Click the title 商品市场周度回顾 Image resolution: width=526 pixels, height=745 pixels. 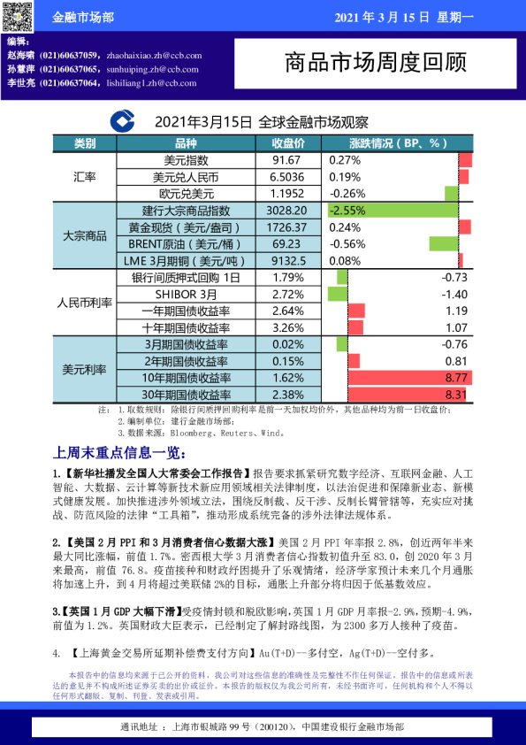(x=375, y=62)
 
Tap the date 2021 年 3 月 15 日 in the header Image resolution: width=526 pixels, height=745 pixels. (x=382, y=17)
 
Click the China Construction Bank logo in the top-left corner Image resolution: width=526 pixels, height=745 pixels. (x=17, y=16)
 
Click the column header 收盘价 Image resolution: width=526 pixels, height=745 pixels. (x=288, y=143)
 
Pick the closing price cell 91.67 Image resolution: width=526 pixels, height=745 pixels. (x=287, y=160)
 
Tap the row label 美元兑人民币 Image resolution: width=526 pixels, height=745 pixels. (x=187, y=177)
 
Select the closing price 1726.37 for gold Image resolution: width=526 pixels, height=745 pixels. (x=286, y=227)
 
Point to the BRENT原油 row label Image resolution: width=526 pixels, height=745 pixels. (x=186, y=243)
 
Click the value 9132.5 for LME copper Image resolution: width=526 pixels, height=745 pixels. (x=288, y=260)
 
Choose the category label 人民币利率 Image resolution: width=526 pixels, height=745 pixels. (x=85, y=303)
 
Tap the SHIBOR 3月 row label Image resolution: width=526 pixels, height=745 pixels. (x=186, y=294)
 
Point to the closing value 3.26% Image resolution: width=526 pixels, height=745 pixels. (x=288, y=327)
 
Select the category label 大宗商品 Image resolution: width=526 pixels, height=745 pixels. (x=85, y=236)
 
